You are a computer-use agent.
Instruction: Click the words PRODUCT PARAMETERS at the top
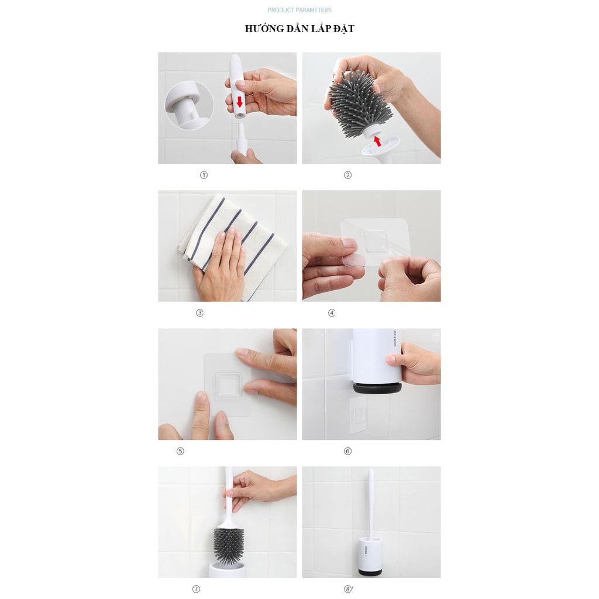pyautogui.click(x=299, y=10)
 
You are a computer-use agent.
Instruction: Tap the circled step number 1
pyautogui.click(x=204, y=175)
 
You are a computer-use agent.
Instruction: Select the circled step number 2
pyautogui.click(x=347, y=175)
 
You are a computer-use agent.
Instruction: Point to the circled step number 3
pyautogui.click(x=199, y=313)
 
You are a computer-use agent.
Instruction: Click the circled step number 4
pyautogui.click(x=332, y=313)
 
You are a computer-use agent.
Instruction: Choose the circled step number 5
pyautogui.click(x=180, y=451)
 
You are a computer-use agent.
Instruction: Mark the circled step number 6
pyautogui.click(x=347, y=451)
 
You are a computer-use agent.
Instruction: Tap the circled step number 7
pyautogui.click(x=196, y=589)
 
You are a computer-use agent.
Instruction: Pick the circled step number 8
pyautogui.click(x=347, y=589)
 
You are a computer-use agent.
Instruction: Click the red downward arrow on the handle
pyautogui.click(x=239, y=102)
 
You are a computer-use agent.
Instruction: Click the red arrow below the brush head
pyautogui.click(x=377, y=140)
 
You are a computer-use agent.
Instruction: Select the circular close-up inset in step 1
pyautogui.click(x=189, y=105)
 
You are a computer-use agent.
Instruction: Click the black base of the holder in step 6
pyautogui.click(x=377, y=388)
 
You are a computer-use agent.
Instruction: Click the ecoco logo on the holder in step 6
pyautogui.click(x=395, y=339)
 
